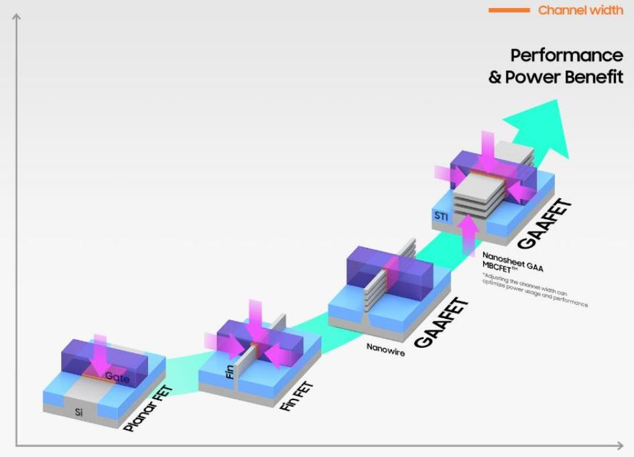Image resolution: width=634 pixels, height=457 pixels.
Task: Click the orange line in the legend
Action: pyautogui.click(x=509, y=10)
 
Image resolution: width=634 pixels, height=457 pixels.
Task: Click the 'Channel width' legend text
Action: pyautogui.click(x=580, y=10)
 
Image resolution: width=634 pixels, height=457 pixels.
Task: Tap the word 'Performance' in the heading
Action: pyautogui.click(x=566, y=55)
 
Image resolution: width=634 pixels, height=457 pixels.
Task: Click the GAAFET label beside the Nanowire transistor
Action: pyautogui.click(x=441, y=322)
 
